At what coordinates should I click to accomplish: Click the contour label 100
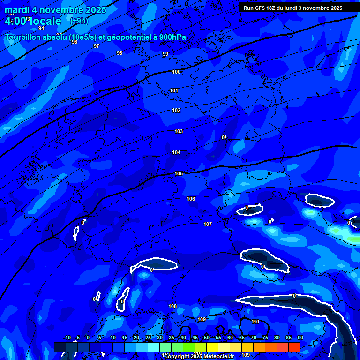pyautogui.click(x=176, y=72)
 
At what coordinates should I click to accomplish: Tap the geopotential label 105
pyautogui.click(x=179, y=173)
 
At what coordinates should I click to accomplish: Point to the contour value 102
pyautogui.click(x=176, y=111)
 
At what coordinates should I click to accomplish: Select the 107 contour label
pyautogui.click(x=208, y=225)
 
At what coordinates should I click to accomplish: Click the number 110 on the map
pyautogui.click(x=255, y=322)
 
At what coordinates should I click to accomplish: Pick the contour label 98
pyautogui.click(x=120, y=53)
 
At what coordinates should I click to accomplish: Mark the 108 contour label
pyautogui.click(x=172, y=307)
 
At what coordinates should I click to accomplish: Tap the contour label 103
pyautogui.click(x=179, y=132)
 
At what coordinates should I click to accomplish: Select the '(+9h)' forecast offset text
pyautogui.click(x=79, y=21)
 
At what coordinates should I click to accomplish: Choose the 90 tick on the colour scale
pyautogui.click(x=300, y=338)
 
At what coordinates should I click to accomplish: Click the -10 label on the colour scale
pyautogui.click(x=67, y=338)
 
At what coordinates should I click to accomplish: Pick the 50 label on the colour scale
pyautogui.click(x=207, y=338)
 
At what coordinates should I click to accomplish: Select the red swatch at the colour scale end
pyautogui.click(x=294, y=347)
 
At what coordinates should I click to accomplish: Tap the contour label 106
pyautogui.click(x=191, y=199)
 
